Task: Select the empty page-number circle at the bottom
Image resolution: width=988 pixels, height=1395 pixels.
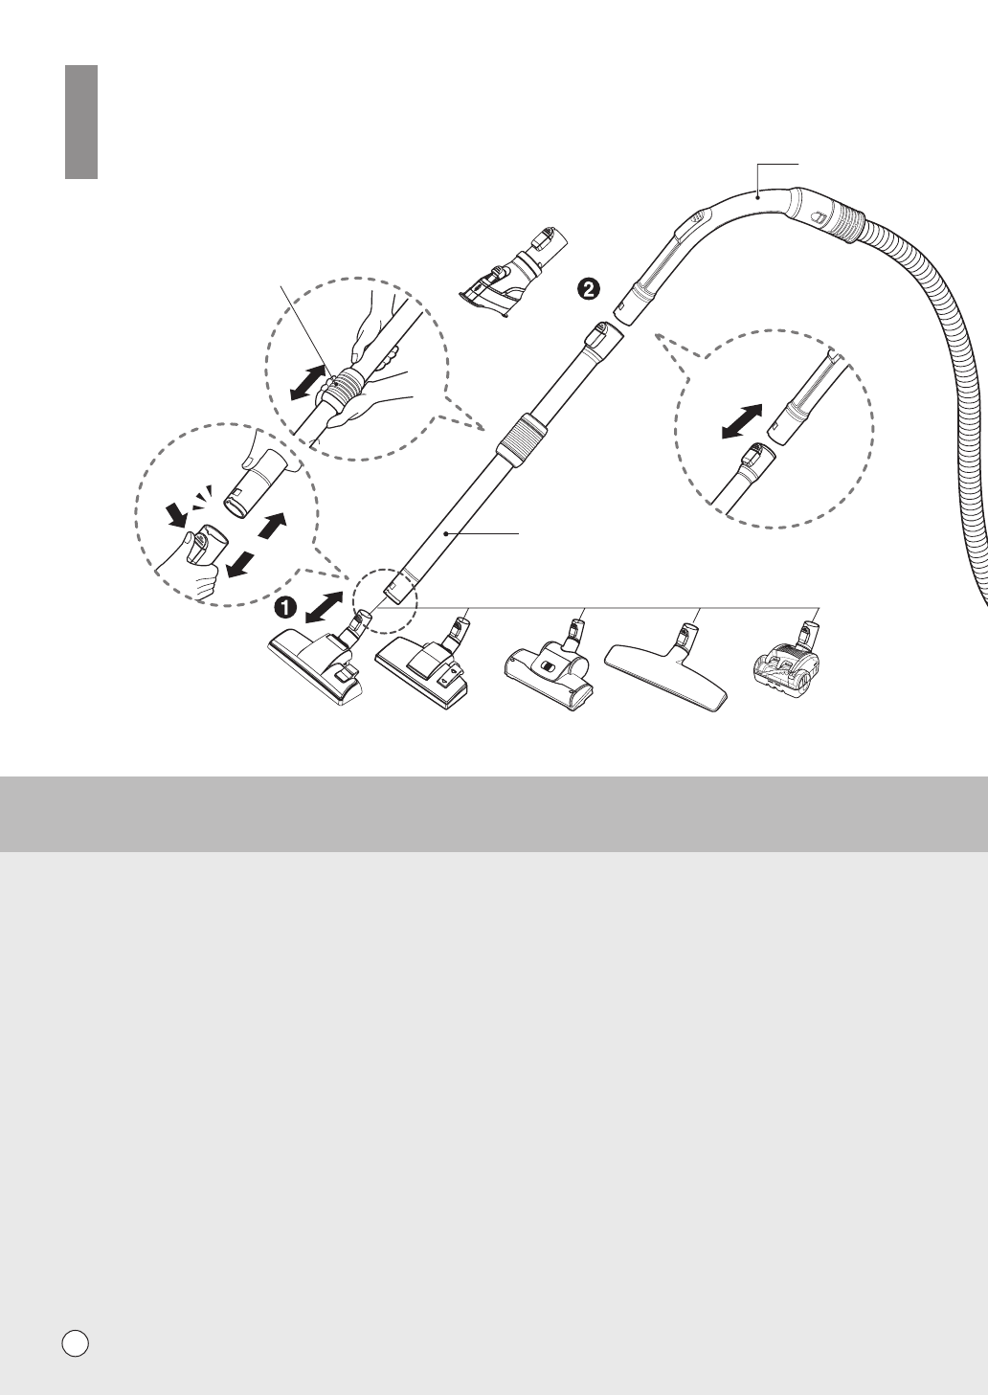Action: (76, 1342)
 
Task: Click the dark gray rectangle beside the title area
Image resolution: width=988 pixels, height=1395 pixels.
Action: (82, 122)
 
